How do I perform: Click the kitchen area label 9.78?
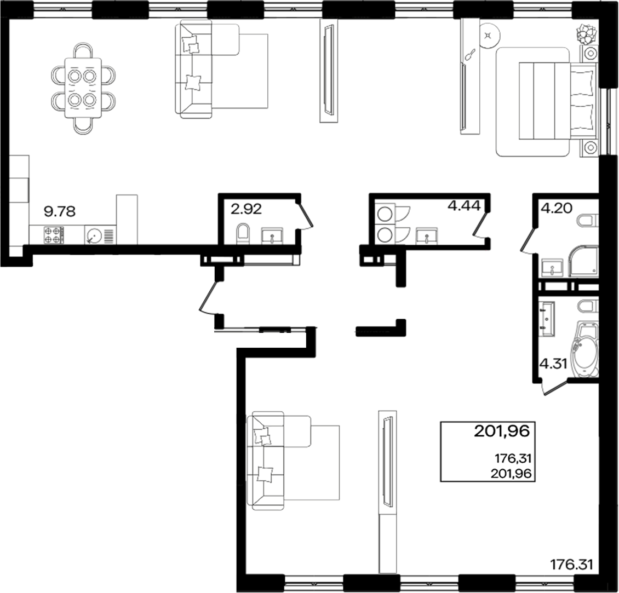[x=59, y=211]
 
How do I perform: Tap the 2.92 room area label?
[x=247, y=208]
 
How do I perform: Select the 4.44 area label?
[x=464, y=206]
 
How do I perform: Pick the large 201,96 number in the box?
[x=502, y=432]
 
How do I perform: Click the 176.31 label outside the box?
[x=572, y=564]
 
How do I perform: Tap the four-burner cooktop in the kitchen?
[x=53, y=235]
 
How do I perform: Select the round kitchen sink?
[x=93, y=236]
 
